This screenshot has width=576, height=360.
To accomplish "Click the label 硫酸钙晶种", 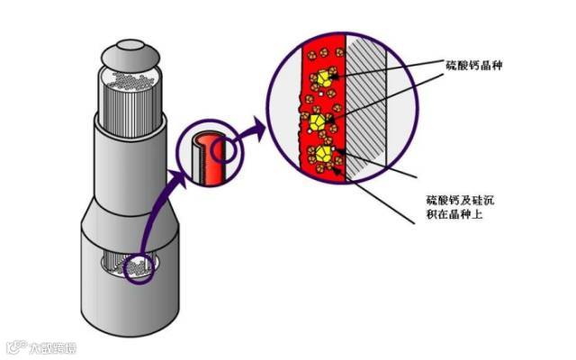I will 480,66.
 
